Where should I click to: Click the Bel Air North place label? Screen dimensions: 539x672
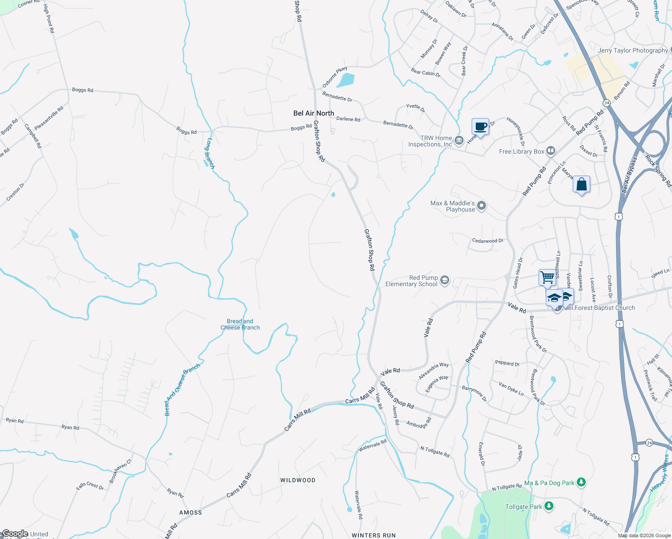pos(314,113)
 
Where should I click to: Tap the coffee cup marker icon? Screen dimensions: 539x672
pos(480,127)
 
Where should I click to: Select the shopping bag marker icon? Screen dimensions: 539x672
pos(581,184)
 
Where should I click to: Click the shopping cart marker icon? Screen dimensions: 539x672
pos(547,277)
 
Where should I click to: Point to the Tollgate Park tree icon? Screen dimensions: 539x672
pos(548,506)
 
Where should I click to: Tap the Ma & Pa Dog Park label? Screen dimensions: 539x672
pos(549,483)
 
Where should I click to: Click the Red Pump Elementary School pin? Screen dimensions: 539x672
pos(444,281)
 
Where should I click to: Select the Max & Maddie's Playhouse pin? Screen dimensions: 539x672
pos(482,206)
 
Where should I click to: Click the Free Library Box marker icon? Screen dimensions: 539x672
pos(551,151)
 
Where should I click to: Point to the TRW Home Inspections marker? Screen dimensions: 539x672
pos(459,141)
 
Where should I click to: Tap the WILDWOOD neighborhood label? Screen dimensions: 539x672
pos(298,480)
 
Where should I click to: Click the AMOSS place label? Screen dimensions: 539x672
pos(190,512)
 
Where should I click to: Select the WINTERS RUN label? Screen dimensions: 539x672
pos(374,535)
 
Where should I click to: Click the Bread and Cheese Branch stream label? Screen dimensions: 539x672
pos(240,324)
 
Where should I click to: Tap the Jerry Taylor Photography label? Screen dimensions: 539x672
pos(632,50)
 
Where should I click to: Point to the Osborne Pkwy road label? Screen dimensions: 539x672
pos(335,77)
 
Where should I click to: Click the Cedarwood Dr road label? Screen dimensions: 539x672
pos(487,241)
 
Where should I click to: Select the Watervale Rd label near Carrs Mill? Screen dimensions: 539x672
pos(372,446)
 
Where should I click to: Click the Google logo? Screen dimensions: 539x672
pos(15,534)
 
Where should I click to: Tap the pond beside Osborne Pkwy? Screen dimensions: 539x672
pos(345,80)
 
